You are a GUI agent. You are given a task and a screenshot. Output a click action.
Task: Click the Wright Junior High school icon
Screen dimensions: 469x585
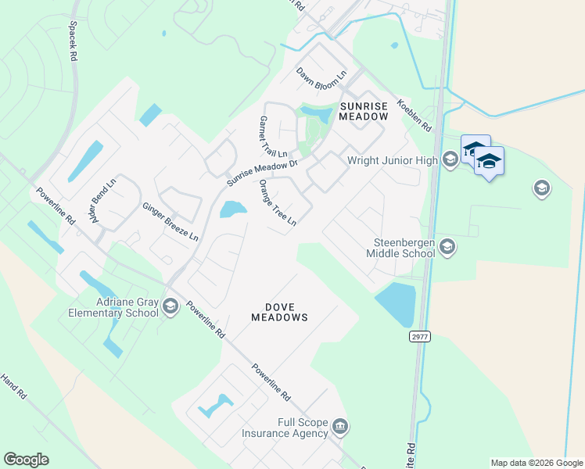point(450,159)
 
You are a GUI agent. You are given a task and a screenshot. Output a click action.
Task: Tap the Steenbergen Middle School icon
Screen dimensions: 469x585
point(447,247)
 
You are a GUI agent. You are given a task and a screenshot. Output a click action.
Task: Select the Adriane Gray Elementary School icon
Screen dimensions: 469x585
point(170,307)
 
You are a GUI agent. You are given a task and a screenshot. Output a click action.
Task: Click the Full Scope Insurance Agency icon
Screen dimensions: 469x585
point(340,426)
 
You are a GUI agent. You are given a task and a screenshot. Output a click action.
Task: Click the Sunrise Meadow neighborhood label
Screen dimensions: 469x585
point(363,110)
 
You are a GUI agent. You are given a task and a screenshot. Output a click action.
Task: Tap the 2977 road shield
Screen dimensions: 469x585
point(419,336)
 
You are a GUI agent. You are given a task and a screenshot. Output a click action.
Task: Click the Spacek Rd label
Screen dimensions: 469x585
point(74,41)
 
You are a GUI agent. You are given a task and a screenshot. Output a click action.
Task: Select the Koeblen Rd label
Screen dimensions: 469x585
point(415,115)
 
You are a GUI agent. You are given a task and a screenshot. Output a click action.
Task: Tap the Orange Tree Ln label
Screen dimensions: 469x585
point(278,202)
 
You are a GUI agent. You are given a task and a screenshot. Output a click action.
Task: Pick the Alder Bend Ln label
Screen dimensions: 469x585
point(102,202)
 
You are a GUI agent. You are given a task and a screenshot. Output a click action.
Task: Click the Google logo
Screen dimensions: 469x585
point(26,460)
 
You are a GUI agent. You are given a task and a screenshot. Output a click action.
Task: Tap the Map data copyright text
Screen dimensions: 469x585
point(536,463)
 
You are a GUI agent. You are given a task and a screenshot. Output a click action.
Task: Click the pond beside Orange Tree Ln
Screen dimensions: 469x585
point(232,209)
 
